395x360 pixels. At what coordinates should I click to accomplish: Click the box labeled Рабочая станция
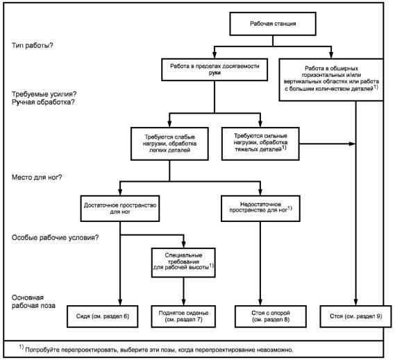click(x=273, y=24)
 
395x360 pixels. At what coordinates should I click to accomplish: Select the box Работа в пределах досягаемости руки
click(x=215, y=70)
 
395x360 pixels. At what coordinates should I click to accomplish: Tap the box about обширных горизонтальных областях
click(x=331, y=80)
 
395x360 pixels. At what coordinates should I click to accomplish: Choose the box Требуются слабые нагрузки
click(x=169, y=144)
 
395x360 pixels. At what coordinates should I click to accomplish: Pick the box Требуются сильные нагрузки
click(x=260, y=144)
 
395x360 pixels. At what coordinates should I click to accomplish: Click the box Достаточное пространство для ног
click(x=120, y=209)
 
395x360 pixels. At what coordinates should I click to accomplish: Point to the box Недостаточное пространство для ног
click(x=260, y=209)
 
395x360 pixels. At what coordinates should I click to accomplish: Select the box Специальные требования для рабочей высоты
click(x=183, y=263)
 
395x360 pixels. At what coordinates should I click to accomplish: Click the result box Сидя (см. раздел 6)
click(x=103, y=316)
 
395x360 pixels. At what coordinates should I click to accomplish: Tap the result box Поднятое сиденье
click(x=183, y=316)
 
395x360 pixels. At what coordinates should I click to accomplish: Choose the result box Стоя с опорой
click(x=271, y=316)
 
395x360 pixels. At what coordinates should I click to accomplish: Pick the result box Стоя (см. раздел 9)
click(x=355, y=316)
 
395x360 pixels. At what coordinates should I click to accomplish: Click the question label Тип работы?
click(x=33, y=46)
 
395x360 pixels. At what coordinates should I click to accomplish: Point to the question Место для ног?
click(x=37, y=178)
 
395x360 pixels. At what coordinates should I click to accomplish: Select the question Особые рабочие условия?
click(x=55, y=238)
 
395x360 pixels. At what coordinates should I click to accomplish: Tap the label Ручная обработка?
click(x=43, y=102)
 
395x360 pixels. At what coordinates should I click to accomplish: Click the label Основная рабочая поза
click(x=33, y=302)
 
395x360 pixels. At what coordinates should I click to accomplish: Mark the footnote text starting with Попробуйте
click(x=159, y=350)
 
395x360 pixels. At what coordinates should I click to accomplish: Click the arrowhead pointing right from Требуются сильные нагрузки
click(x=352, y=144)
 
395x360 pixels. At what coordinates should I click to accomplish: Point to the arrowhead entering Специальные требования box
click(x=184, y=244)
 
